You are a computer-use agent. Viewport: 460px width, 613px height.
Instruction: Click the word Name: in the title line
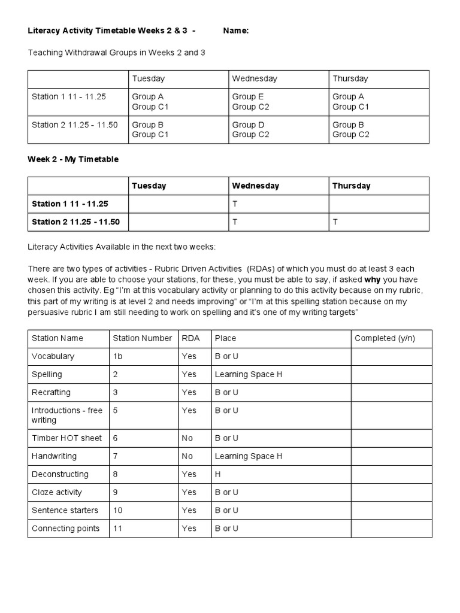tap(235, 31)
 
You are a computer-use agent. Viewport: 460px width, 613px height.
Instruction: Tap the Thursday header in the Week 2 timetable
tap(351, 186)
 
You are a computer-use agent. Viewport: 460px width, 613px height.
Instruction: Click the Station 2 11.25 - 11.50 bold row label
tap(75, 222)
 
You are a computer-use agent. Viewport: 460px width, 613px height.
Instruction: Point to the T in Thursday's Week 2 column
tap(335, 222)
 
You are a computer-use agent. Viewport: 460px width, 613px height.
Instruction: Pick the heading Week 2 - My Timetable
tap(73, 159)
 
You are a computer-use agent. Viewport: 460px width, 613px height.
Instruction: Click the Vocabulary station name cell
tap(53, 356)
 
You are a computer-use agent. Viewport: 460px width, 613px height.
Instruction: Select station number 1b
tap(117, 356)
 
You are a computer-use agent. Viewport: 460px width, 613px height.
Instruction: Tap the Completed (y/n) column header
tap(385, 338)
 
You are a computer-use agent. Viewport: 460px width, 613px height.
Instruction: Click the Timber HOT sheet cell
tap(66, 438)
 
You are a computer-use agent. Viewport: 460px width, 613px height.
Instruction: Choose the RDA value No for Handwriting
tap(187, 456)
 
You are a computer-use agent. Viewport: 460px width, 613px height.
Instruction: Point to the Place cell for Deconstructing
tap(217, 474)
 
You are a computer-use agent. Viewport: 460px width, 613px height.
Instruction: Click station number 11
tap(117, 528)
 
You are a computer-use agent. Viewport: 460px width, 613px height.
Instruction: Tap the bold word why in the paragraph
tap(374, 280)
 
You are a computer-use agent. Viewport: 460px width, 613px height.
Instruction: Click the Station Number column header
tap(142, 338)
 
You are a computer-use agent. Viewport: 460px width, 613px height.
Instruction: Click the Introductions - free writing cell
tap(66, 415)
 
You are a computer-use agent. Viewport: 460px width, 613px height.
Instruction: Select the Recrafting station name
tap(51, 392)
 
